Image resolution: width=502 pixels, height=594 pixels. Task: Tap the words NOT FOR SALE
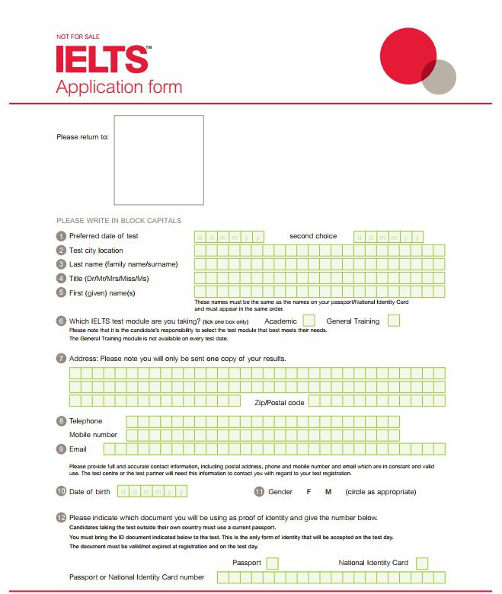(x=78, y=37)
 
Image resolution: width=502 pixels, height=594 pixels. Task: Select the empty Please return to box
(x=159, y=160)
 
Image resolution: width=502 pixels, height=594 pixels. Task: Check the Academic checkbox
(x=309, y=321)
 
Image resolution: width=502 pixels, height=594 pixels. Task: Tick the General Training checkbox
(x=393, y=321)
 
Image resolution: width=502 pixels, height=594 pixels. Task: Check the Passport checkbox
(x=272, y=563)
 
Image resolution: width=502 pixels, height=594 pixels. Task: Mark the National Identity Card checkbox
(x=422, y=563)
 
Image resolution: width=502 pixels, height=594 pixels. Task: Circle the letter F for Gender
(x=309, y=492)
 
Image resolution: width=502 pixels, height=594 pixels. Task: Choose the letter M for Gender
(x=328, y=492)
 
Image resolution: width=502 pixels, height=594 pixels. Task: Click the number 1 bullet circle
(x=61, y=236)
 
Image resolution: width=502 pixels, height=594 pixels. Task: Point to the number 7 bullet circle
(x=61, y=358)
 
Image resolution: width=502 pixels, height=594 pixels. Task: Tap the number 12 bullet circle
(x=61, y=518)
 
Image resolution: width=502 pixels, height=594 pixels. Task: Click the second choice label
(x=312, y=236)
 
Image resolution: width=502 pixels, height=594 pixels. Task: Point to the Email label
(x=78, y=449)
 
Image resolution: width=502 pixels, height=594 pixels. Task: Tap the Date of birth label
(x=89, y=492)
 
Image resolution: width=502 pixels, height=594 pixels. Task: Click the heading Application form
(x=119, y=86)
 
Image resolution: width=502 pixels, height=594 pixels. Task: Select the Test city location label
(x=96, y=251)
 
